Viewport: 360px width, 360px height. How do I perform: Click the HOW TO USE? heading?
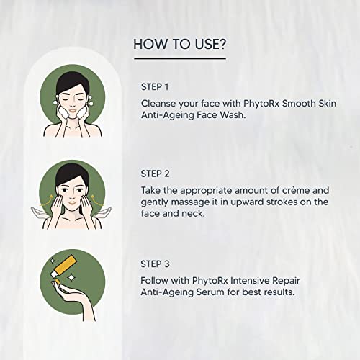tap(180, 45)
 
